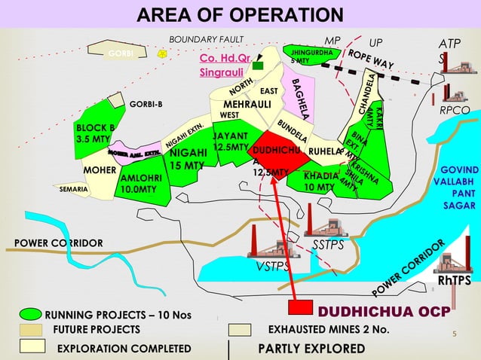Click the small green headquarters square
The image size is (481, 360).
coord(258,66)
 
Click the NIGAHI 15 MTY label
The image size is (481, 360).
coord(188,159)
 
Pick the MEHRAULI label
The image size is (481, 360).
coord(247,103)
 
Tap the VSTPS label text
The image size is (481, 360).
coord(272,267)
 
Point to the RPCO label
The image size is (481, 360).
coord(455,110)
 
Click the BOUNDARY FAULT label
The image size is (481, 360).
coord(202,39)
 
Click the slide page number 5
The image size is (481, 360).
coord(455,334)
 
